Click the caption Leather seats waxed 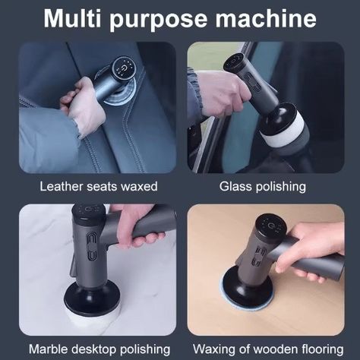click(99, 185)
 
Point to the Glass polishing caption click(263, 185)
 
